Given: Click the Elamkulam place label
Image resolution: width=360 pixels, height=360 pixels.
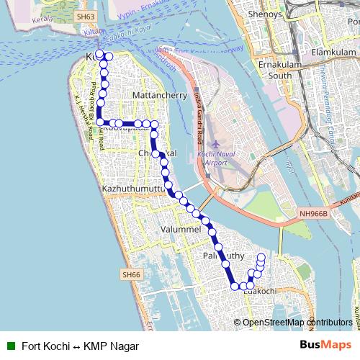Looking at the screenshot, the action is pyautogui.click(x=332, y=53).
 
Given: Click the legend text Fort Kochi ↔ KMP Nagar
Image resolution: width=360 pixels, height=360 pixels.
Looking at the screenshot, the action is pyautogui.click(x=79, y=346).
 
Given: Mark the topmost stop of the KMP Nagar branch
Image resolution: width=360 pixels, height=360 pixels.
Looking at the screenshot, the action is pyautogui.click(x=261, y=257).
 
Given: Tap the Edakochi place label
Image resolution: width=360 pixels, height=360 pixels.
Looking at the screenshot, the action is pyautogui.click(x=260, y=290).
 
